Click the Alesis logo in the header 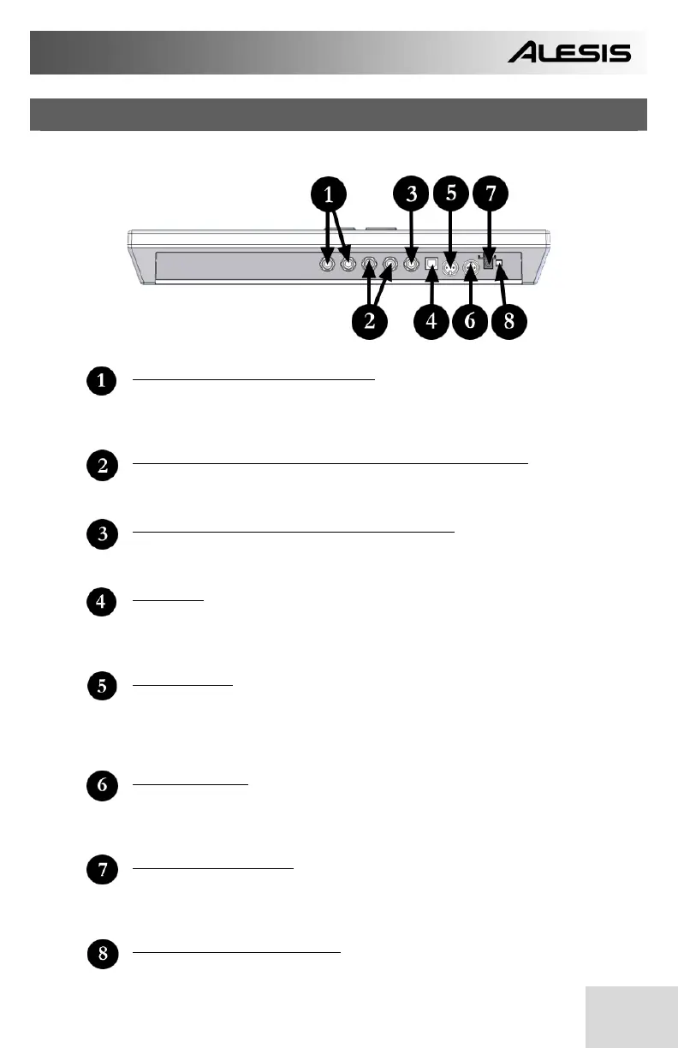[x=569, y=53]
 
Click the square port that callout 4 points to [x=431, y=265]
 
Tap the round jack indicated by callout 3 [x=411, y=265]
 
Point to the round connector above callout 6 [x=470, y=267]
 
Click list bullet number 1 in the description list [x=102, y=382]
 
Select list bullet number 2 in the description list [x=102, y=467]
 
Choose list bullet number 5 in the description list [x=102, y=688]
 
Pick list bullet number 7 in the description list [x=102, y=872]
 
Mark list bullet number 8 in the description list [x=102, y=954]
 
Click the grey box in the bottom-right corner [x=631, y=1015]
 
